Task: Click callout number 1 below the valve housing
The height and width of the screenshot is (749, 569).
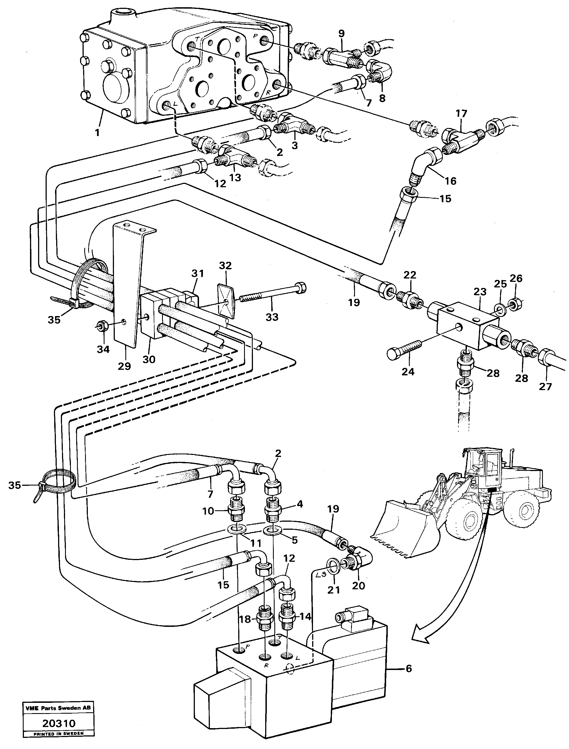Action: [x=97, y=132]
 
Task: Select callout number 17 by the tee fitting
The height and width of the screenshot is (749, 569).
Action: [x=461, y=113]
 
